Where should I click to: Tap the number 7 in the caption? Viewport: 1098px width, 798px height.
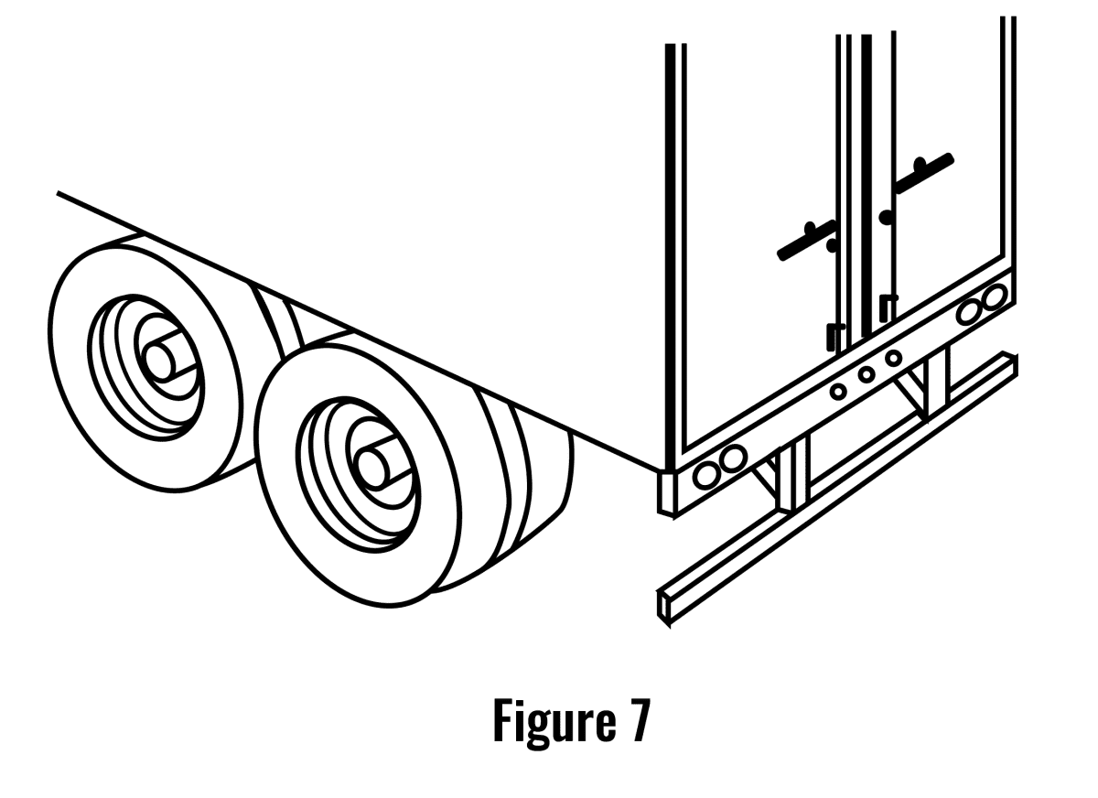(638, 720)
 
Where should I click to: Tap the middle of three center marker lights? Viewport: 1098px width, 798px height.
(866, 373)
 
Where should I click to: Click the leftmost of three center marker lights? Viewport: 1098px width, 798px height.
(837, 391)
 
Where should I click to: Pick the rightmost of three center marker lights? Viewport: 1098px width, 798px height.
(894, 357)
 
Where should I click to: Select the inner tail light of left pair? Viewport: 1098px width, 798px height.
(732, 458)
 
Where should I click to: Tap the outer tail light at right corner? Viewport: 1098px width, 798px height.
(996, 295)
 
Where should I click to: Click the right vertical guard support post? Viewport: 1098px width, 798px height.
(937, 380)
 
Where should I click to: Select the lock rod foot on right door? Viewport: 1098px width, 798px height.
(887, 307)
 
